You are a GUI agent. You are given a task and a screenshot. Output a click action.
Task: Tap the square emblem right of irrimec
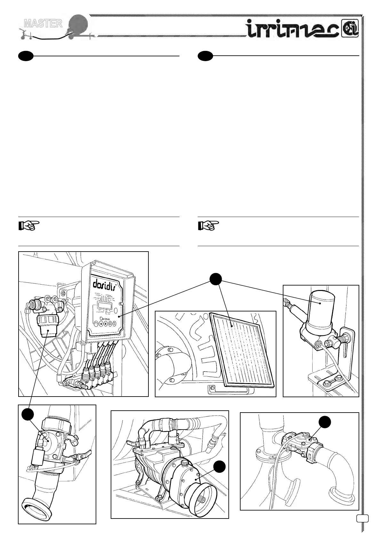point(351,29)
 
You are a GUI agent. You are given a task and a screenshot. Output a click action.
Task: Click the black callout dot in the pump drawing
point(219,467)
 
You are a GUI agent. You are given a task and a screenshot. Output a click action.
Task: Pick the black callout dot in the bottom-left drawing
point(28,414)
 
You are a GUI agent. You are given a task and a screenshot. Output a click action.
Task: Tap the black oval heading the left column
point(26,56)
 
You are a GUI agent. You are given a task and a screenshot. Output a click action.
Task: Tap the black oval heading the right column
point(205,56)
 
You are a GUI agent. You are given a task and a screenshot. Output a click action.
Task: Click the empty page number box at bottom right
point(362,518)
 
